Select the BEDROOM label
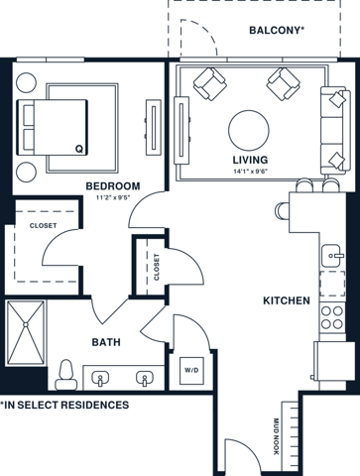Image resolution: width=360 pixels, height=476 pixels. (x=112, y=185)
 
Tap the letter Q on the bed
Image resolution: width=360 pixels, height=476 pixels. (x=78, y=149)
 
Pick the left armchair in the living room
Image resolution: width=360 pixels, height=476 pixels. (x=209, y=84)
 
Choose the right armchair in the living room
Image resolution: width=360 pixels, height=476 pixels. (x=285, y=84)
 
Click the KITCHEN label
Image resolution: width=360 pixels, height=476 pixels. (x=287, y=300)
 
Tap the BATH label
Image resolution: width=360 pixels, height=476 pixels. (x=107, y=342)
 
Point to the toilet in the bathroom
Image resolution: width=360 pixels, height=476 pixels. (x=67, y=374)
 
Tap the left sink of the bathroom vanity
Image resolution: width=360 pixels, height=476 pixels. (x=101, y=378)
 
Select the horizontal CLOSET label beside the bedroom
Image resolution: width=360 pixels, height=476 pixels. (x=42, y=225)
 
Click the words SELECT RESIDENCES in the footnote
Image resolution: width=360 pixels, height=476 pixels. (x=85, y=406)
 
